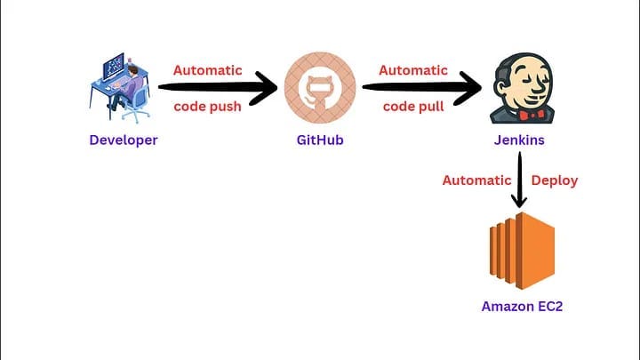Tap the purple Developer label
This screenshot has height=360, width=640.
click(x=124, y=140)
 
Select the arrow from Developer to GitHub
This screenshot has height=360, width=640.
click(x=218, y=88)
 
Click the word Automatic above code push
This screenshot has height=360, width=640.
click(x=207, y=70)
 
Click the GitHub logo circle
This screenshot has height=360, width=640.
click(x=320, y=87)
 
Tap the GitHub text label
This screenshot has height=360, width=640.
click(x=320, y=140)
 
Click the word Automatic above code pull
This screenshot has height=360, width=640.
click(x=413, y=70)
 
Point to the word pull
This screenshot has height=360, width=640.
click(x=432, y=107)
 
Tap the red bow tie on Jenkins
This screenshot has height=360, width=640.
click(x=518, y=114)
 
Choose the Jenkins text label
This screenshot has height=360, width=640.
click(x=518, y=140)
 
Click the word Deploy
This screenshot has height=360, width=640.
click(x=555, y=180)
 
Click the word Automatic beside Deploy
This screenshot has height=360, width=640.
click(x=476, y=180)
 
